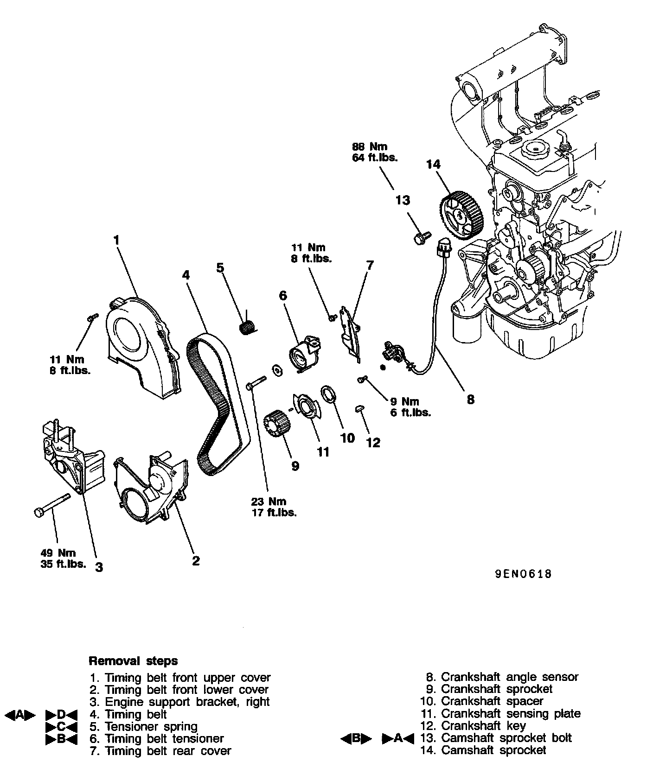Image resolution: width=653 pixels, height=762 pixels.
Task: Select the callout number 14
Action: coord(433,165)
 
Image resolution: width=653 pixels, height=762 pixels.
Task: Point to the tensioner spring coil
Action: coord(247,327)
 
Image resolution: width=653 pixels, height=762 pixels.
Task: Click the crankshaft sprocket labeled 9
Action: coord(277,423)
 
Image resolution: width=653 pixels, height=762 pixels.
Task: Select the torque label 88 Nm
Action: coord(369,147)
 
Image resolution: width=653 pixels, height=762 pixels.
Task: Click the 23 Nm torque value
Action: coord(269,502)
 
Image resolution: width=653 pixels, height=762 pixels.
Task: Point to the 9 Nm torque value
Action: coord(404,401)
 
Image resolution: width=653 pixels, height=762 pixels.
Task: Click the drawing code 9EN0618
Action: coord(523,574)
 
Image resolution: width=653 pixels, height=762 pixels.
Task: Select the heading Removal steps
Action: coord(133,660)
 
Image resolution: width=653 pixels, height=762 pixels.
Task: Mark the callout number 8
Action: coord(470,399)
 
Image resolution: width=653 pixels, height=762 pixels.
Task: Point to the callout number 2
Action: coord(196,561)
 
